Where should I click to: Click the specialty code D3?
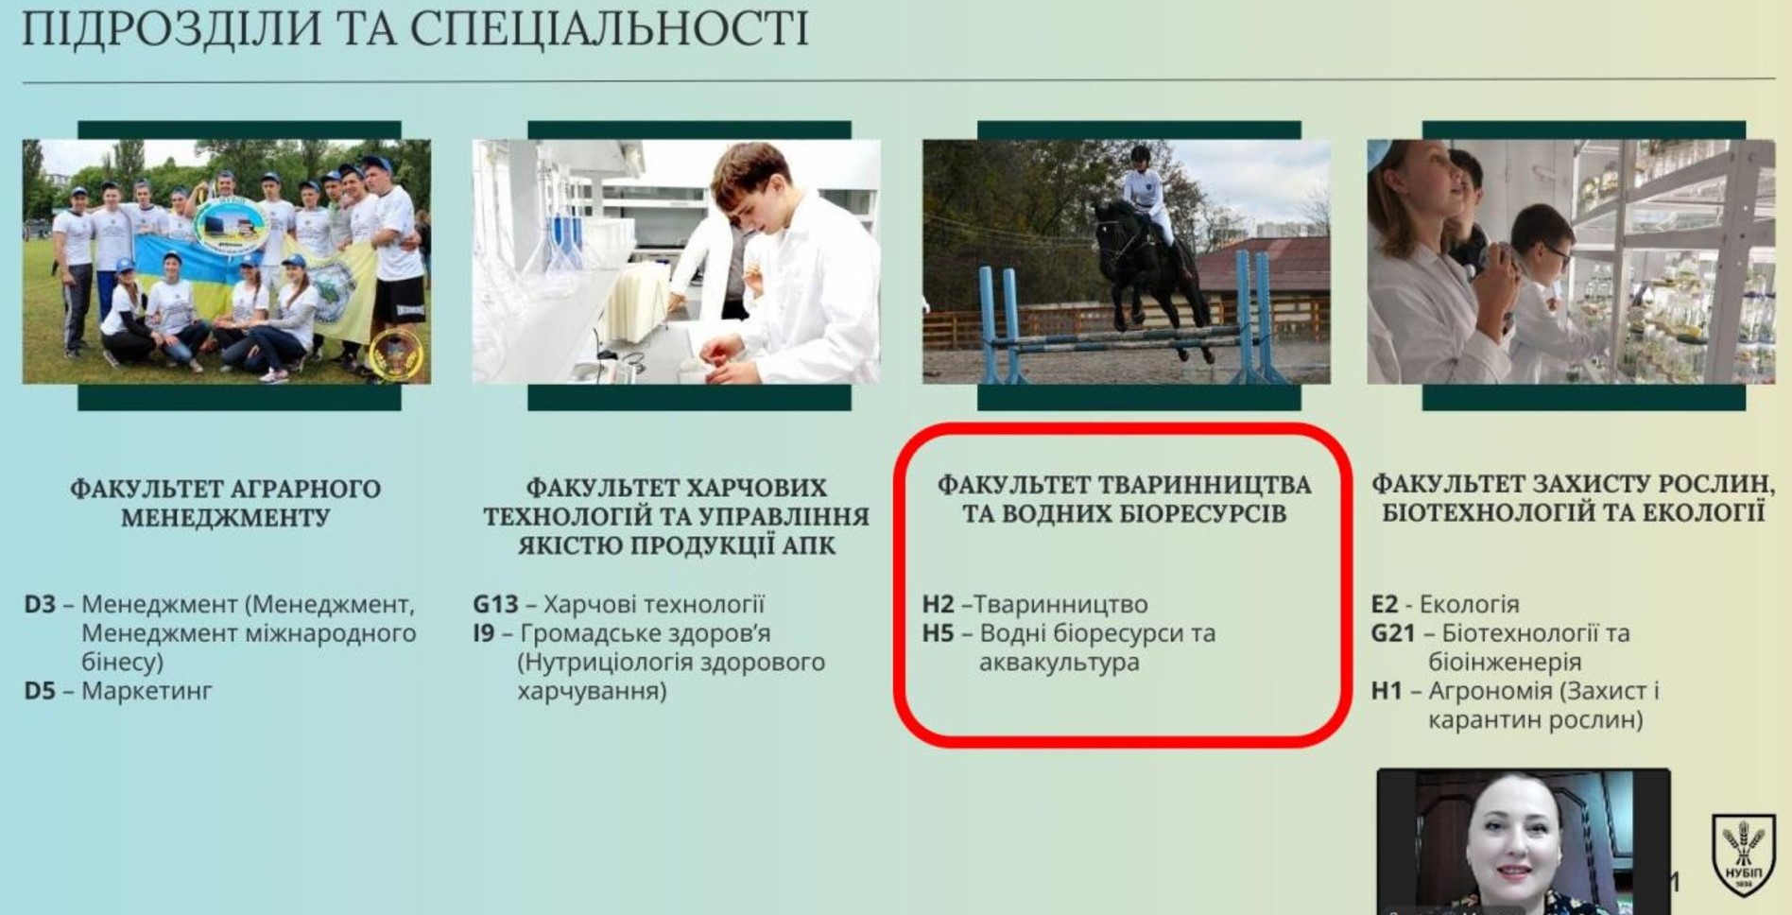40,604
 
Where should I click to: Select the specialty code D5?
40,691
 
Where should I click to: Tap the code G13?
496,604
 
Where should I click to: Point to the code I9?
484,633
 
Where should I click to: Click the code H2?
939,604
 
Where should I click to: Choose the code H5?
939,633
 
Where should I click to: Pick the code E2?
1385,604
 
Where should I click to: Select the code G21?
1393,633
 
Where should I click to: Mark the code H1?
1387,691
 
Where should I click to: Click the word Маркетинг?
146,691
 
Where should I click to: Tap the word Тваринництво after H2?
1060,604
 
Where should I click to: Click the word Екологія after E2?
1470,604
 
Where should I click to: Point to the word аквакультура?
1060,663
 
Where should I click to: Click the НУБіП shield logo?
1743,855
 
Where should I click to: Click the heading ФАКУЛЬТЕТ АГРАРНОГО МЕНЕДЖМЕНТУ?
226,503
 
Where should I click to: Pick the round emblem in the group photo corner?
396,355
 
